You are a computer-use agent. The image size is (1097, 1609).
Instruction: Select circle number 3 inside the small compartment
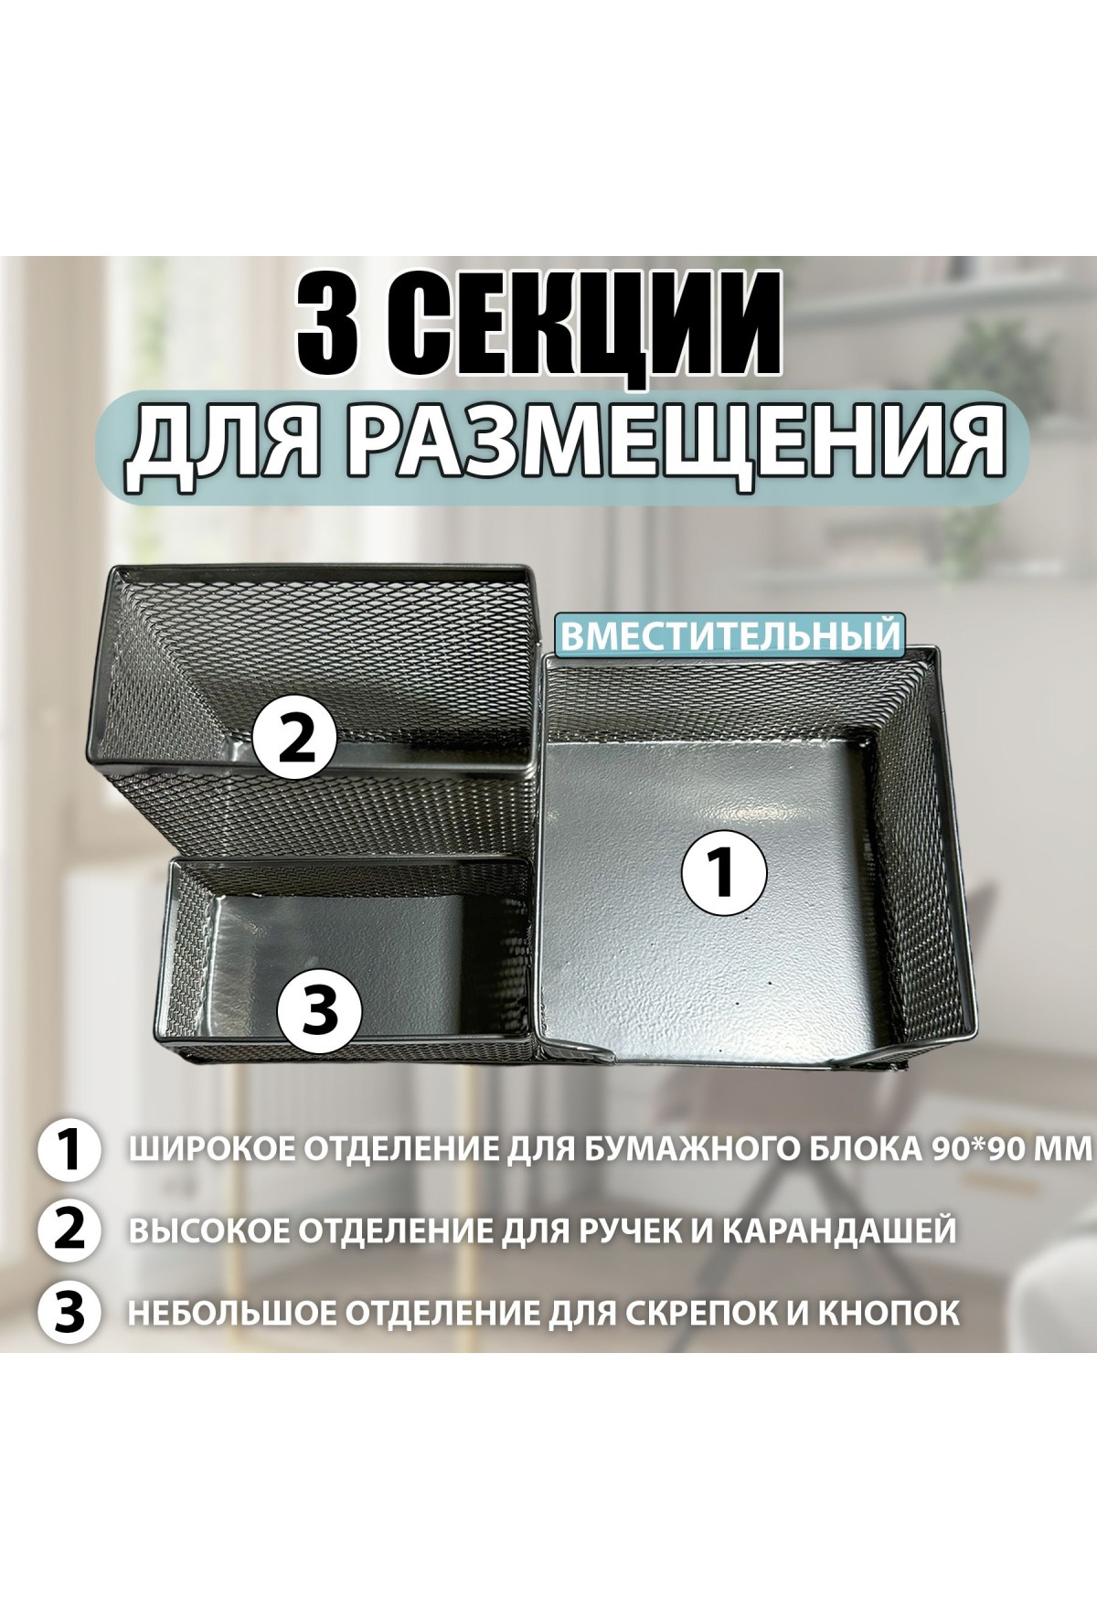coord(320,1012)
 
